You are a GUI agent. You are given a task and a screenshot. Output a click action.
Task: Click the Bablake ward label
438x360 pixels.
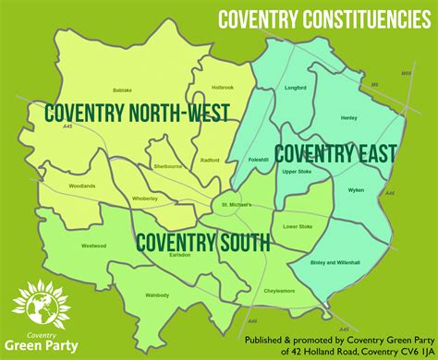(122, 90)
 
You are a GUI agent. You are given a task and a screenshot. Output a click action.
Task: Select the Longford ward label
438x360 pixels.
(296, 88)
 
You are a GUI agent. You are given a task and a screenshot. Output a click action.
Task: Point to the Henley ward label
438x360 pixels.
(348, 117)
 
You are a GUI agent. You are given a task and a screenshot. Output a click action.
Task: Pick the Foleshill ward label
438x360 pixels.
(258, 160)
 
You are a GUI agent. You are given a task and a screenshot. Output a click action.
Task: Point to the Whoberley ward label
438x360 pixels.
(145, 198)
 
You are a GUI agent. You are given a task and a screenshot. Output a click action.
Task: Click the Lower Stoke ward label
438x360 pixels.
(298, 226)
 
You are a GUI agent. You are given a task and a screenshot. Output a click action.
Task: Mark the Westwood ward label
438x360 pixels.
(93, 246)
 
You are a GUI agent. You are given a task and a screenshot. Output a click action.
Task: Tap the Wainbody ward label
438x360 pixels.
(158, 295)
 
